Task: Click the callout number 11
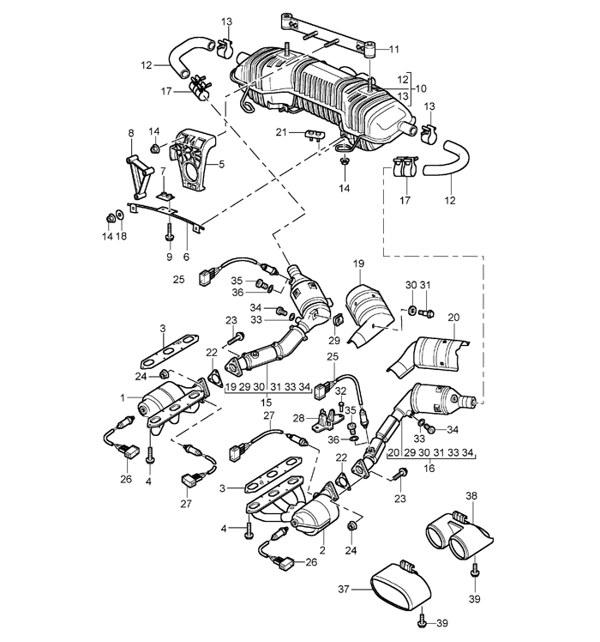(394, 50)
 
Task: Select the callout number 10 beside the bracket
(421, 88)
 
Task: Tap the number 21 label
(281, 132)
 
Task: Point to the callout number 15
(266, 403)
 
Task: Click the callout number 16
(429, 468)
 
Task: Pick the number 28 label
(298, 418)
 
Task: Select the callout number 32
(340, 391)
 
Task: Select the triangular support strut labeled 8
(138, 177)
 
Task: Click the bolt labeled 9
(169, 233)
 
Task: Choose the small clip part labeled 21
(315, 135)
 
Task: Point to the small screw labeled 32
(341, 406)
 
